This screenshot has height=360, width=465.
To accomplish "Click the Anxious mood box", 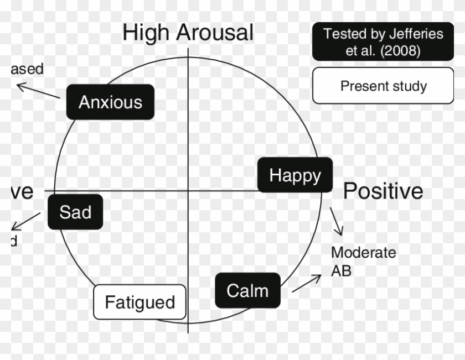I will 110,102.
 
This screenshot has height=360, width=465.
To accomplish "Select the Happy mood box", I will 295,175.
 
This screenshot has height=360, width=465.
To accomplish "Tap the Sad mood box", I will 75,212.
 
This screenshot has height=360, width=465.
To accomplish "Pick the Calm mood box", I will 247,290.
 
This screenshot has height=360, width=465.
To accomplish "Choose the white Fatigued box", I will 139,302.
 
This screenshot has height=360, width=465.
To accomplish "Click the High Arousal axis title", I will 188,33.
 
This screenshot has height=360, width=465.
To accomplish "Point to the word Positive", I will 383,191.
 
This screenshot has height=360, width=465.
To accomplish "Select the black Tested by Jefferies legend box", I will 383,42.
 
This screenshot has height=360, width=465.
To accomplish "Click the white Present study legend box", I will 383,86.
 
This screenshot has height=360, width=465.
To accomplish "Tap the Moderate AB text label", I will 363,262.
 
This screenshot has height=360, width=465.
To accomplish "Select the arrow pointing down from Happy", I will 337,221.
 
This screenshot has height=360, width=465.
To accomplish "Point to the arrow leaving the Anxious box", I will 38,91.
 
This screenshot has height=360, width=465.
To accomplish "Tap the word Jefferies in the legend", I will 416,34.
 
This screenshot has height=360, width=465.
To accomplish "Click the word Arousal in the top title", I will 214,33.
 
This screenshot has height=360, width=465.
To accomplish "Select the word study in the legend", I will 409,86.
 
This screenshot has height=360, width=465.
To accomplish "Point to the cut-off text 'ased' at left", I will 27,69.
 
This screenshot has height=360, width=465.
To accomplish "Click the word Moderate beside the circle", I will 363,253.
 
